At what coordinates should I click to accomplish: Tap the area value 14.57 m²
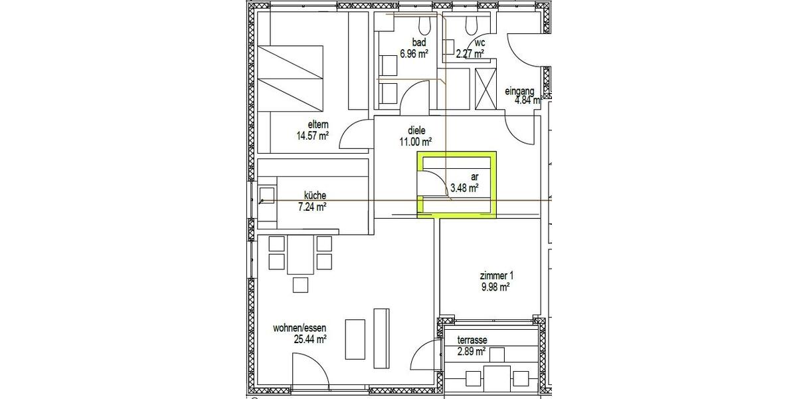(x=313, y=136)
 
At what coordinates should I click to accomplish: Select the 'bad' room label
(x=410, y=43)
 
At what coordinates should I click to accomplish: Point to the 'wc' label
(x=471, y=43)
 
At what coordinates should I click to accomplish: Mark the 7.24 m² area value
(x=311, y=207)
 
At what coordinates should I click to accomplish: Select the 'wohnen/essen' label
(x=300, y=328)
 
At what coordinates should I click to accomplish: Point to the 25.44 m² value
(x=310, y=339)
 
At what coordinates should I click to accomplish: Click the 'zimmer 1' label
(x=496, y=276)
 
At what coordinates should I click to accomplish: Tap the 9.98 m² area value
(x=495, y=287)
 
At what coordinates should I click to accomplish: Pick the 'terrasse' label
(x=472, y=340)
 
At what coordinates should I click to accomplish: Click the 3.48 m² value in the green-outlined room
(x=465, y=188)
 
